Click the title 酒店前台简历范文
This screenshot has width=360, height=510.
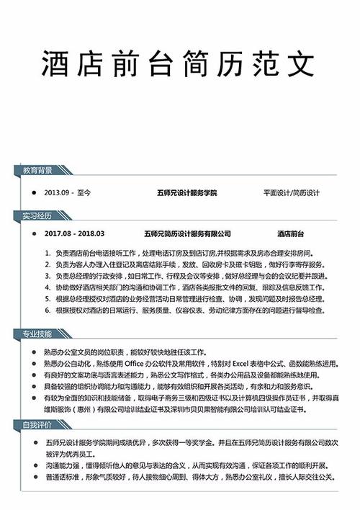[x=179, y=65]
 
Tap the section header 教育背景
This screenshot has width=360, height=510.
[x=37, y=171]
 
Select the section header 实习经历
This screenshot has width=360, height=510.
[x=37, y=215]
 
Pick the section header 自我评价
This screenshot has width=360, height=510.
[x=37, y=426]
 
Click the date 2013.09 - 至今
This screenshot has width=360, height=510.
[x=68, y=194]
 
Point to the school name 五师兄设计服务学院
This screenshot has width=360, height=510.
[x=186, y=194]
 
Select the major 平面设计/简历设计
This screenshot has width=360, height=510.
[x=291, y=194]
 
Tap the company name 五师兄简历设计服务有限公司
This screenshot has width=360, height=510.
[x=188, y=234]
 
